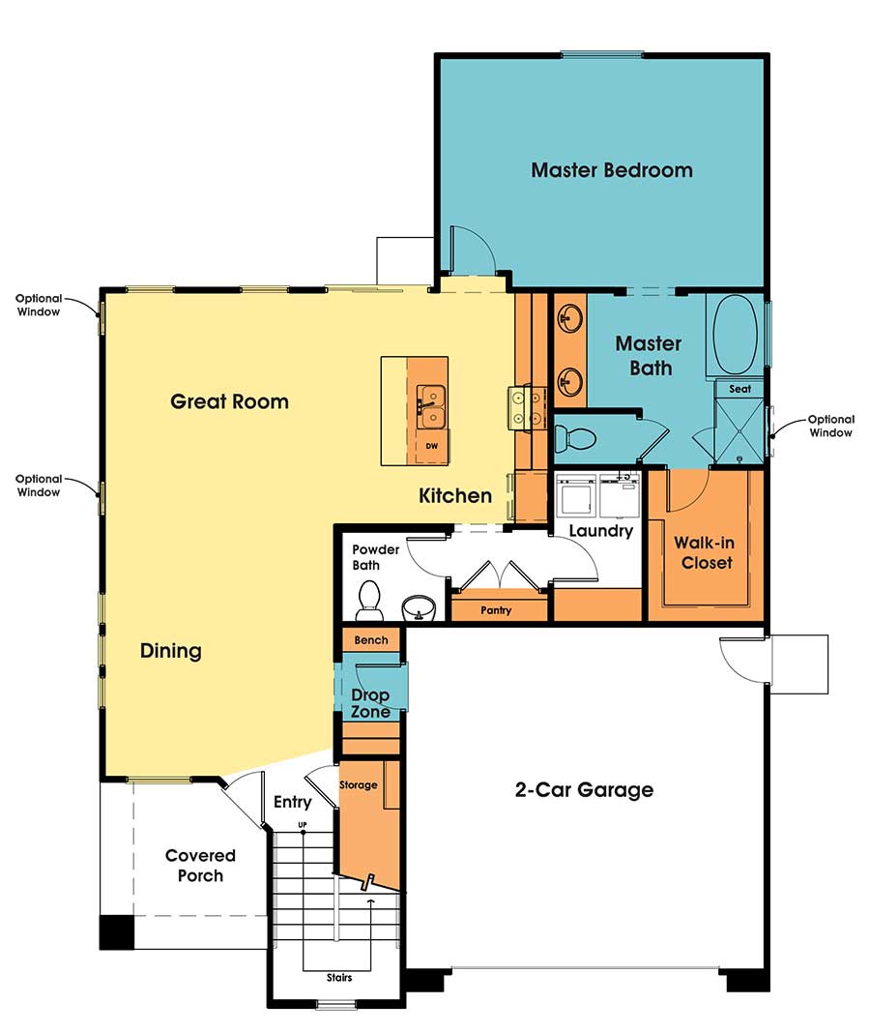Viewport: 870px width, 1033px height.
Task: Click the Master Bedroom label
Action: [x=612, y=170]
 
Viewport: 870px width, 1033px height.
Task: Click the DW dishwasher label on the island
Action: [x=431, y=446]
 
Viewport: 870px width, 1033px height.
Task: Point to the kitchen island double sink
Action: [x=431, y=406]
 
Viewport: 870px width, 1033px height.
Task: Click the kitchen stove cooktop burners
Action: [x=524, y=407]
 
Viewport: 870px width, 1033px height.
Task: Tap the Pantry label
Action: [x=497, y=610]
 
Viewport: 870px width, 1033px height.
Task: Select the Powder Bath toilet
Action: [x=369, y=600]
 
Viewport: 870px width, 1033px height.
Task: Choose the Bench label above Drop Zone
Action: [x=371, y=640]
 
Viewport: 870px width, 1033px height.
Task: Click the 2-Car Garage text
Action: [x=583, y=790]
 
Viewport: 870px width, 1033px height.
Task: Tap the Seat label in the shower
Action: [x=739, y=389]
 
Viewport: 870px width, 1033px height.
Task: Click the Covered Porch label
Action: [x=200, y=866]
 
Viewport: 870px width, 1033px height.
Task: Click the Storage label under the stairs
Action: [x=358, y=784]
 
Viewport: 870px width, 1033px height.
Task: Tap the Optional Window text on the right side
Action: [x=831, y=426]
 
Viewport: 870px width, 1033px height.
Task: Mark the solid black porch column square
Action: [x=117, y=931]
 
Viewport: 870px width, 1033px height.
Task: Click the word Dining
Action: [x=171, y=651]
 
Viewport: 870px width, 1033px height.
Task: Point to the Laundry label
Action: [x=600, y=531]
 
